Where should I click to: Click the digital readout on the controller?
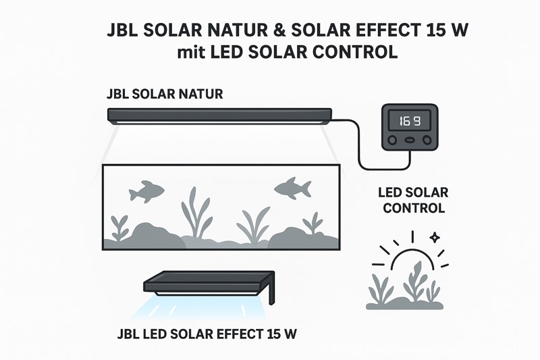[409, 122]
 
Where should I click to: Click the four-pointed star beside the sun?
[435, 238]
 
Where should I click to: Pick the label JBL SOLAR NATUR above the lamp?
[165, 94]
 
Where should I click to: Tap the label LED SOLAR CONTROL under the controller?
[414, 200]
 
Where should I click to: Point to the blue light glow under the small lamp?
[202, 307]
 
